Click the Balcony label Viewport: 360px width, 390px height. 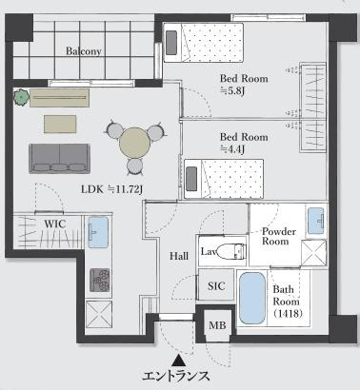85,51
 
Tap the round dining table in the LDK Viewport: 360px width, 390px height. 134,144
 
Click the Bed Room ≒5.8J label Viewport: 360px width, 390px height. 244,85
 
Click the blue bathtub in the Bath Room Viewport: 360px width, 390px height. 252,300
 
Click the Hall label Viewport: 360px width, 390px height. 179,256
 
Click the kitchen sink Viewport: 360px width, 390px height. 99,233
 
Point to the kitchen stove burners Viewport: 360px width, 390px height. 99,278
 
